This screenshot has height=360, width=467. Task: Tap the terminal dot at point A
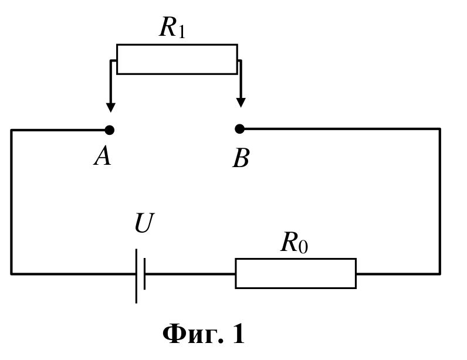pos(110,130)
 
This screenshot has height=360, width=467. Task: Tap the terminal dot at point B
pos(239,129)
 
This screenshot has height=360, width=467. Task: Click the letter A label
pos(103,157)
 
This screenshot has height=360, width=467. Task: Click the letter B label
pos(241,158)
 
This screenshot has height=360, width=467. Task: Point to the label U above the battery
pos(144,223)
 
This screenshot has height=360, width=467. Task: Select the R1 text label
pos(172,27)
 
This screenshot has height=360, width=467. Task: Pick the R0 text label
pos(295,243)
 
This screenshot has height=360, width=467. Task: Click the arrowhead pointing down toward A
pos(111,107)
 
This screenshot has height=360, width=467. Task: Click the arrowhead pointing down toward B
pos(241,103)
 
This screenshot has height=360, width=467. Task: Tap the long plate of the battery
pos(137,276)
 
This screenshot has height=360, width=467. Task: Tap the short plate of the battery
pos(145,274)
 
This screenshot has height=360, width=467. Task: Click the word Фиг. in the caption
pos(192,334)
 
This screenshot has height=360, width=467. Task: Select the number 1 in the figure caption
pos(238,334)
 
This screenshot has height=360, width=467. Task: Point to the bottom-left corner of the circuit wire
pos(11,274)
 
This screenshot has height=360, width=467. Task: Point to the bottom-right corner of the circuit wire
pos(440,274)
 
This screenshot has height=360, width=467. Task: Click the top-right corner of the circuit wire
pos(440,129)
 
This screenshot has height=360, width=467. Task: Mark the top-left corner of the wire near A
pos(11,130)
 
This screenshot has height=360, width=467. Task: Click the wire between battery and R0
pos(190,274)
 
